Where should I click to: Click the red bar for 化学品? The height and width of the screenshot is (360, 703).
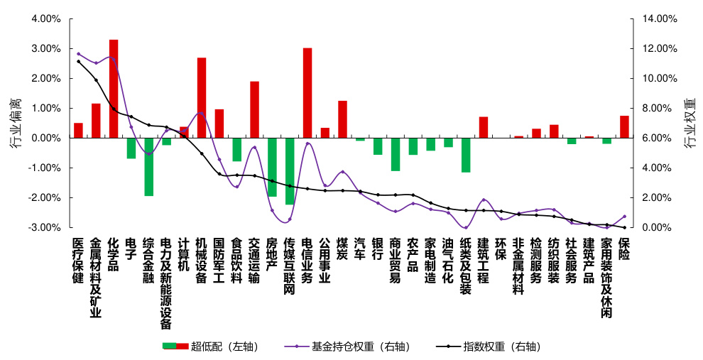(114, 89)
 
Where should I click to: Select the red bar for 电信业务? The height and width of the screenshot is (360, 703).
(307, 93)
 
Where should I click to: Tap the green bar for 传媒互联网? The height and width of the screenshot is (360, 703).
(290, 171)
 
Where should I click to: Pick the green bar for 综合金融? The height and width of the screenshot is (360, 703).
(149, 167)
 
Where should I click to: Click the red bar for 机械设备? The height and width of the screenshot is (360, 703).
(202, 98)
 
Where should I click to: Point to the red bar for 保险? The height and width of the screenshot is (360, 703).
(624, 127)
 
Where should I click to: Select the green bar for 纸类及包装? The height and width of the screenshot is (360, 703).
(466, 155)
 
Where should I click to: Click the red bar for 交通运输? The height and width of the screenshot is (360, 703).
(254, 110)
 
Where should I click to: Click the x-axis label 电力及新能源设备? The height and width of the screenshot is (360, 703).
(166, 283)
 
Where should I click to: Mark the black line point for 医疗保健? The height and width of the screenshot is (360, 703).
(78, 62)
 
